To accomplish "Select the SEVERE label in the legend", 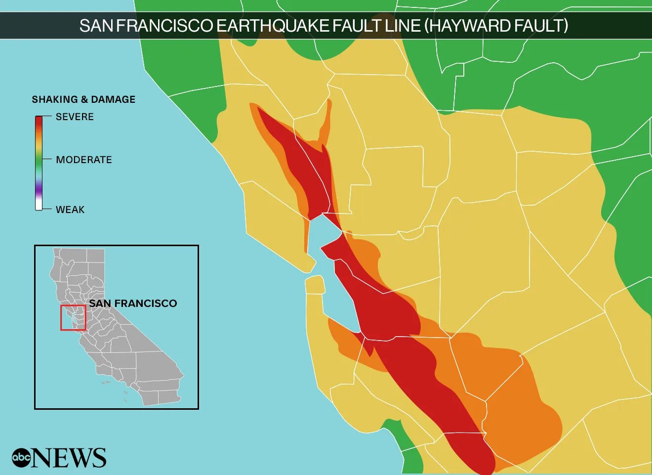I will click(75, 117).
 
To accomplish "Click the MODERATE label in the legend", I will click(84, 160).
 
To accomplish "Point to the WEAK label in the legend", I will click(70, 210).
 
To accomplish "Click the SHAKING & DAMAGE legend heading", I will click(83, 99).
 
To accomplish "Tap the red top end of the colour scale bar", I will click(39, 121).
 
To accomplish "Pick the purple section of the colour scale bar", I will click(39, 188).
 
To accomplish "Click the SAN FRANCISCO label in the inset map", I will click(133, 303).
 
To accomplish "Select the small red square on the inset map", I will click(73, 317).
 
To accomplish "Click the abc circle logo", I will click(21, 458).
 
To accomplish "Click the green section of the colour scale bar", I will click(39, 161).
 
